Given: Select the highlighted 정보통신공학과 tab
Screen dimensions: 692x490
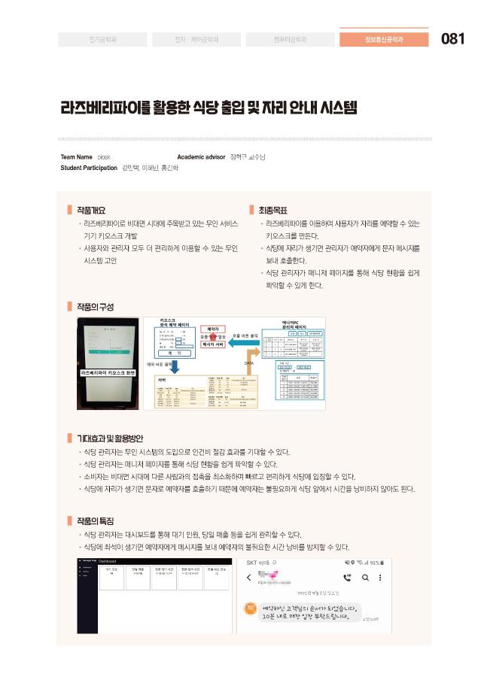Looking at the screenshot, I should tap(384, 39).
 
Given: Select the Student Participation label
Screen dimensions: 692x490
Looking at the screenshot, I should tap(89, 168).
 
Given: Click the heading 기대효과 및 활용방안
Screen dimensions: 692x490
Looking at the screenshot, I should tap(110, 438).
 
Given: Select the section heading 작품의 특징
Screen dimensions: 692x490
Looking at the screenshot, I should tap(95, 521).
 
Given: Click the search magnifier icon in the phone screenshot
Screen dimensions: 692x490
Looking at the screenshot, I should tap(365, 578).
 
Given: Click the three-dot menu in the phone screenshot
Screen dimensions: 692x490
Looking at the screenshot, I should tap(380, 578).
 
